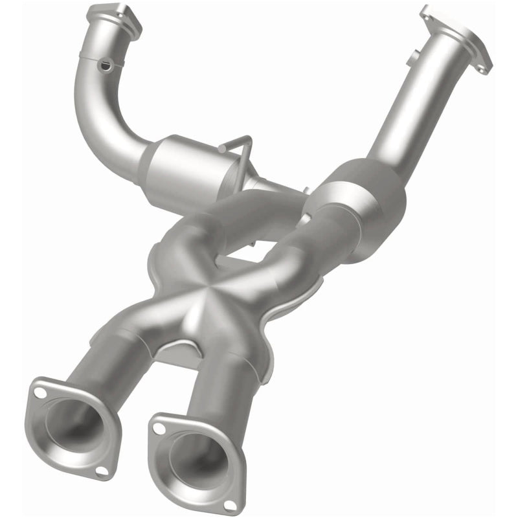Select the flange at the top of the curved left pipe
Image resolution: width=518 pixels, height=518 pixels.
point(115,17)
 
